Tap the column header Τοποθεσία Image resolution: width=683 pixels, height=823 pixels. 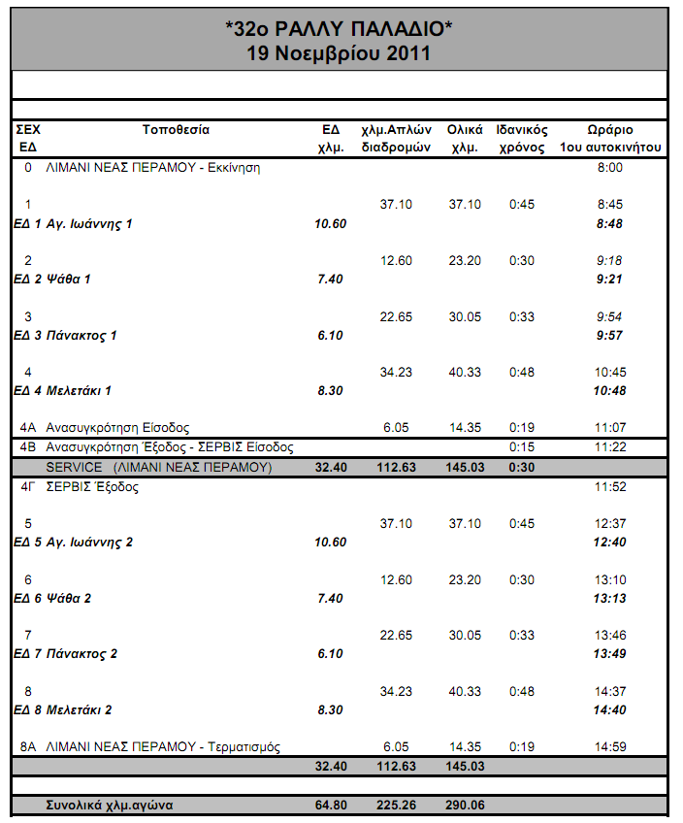pos(176,129)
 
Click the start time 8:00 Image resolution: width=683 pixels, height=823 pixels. pos(609,168)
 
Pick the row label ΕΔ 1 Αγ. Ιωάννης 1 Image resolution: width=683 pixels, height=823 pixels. pos(73,224)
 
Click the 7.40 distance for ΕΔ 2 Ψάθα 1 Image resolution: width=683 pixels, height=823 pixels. pos(329,280)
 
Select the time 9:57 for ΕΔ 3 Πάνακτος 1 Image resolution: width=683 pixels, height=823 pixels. pos(609,336)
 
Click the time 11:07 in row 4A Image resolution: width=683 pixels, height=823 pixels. pos(609,427)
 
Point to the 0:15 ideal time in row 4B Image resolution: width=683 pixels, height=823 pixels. pos(522,447)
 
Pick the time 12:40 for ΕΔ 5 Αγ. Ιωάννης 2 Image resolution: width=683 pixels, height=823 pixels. pos(609,543)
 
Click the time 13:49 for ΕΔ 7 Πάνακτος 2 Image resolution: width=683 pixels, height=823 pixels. pos(609,654)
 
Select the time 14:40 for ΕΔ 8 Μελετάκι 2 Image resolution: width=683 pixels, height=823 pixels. pos(609,710)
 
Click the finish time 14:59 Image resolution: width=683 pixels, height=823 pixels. pos(609,746)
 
